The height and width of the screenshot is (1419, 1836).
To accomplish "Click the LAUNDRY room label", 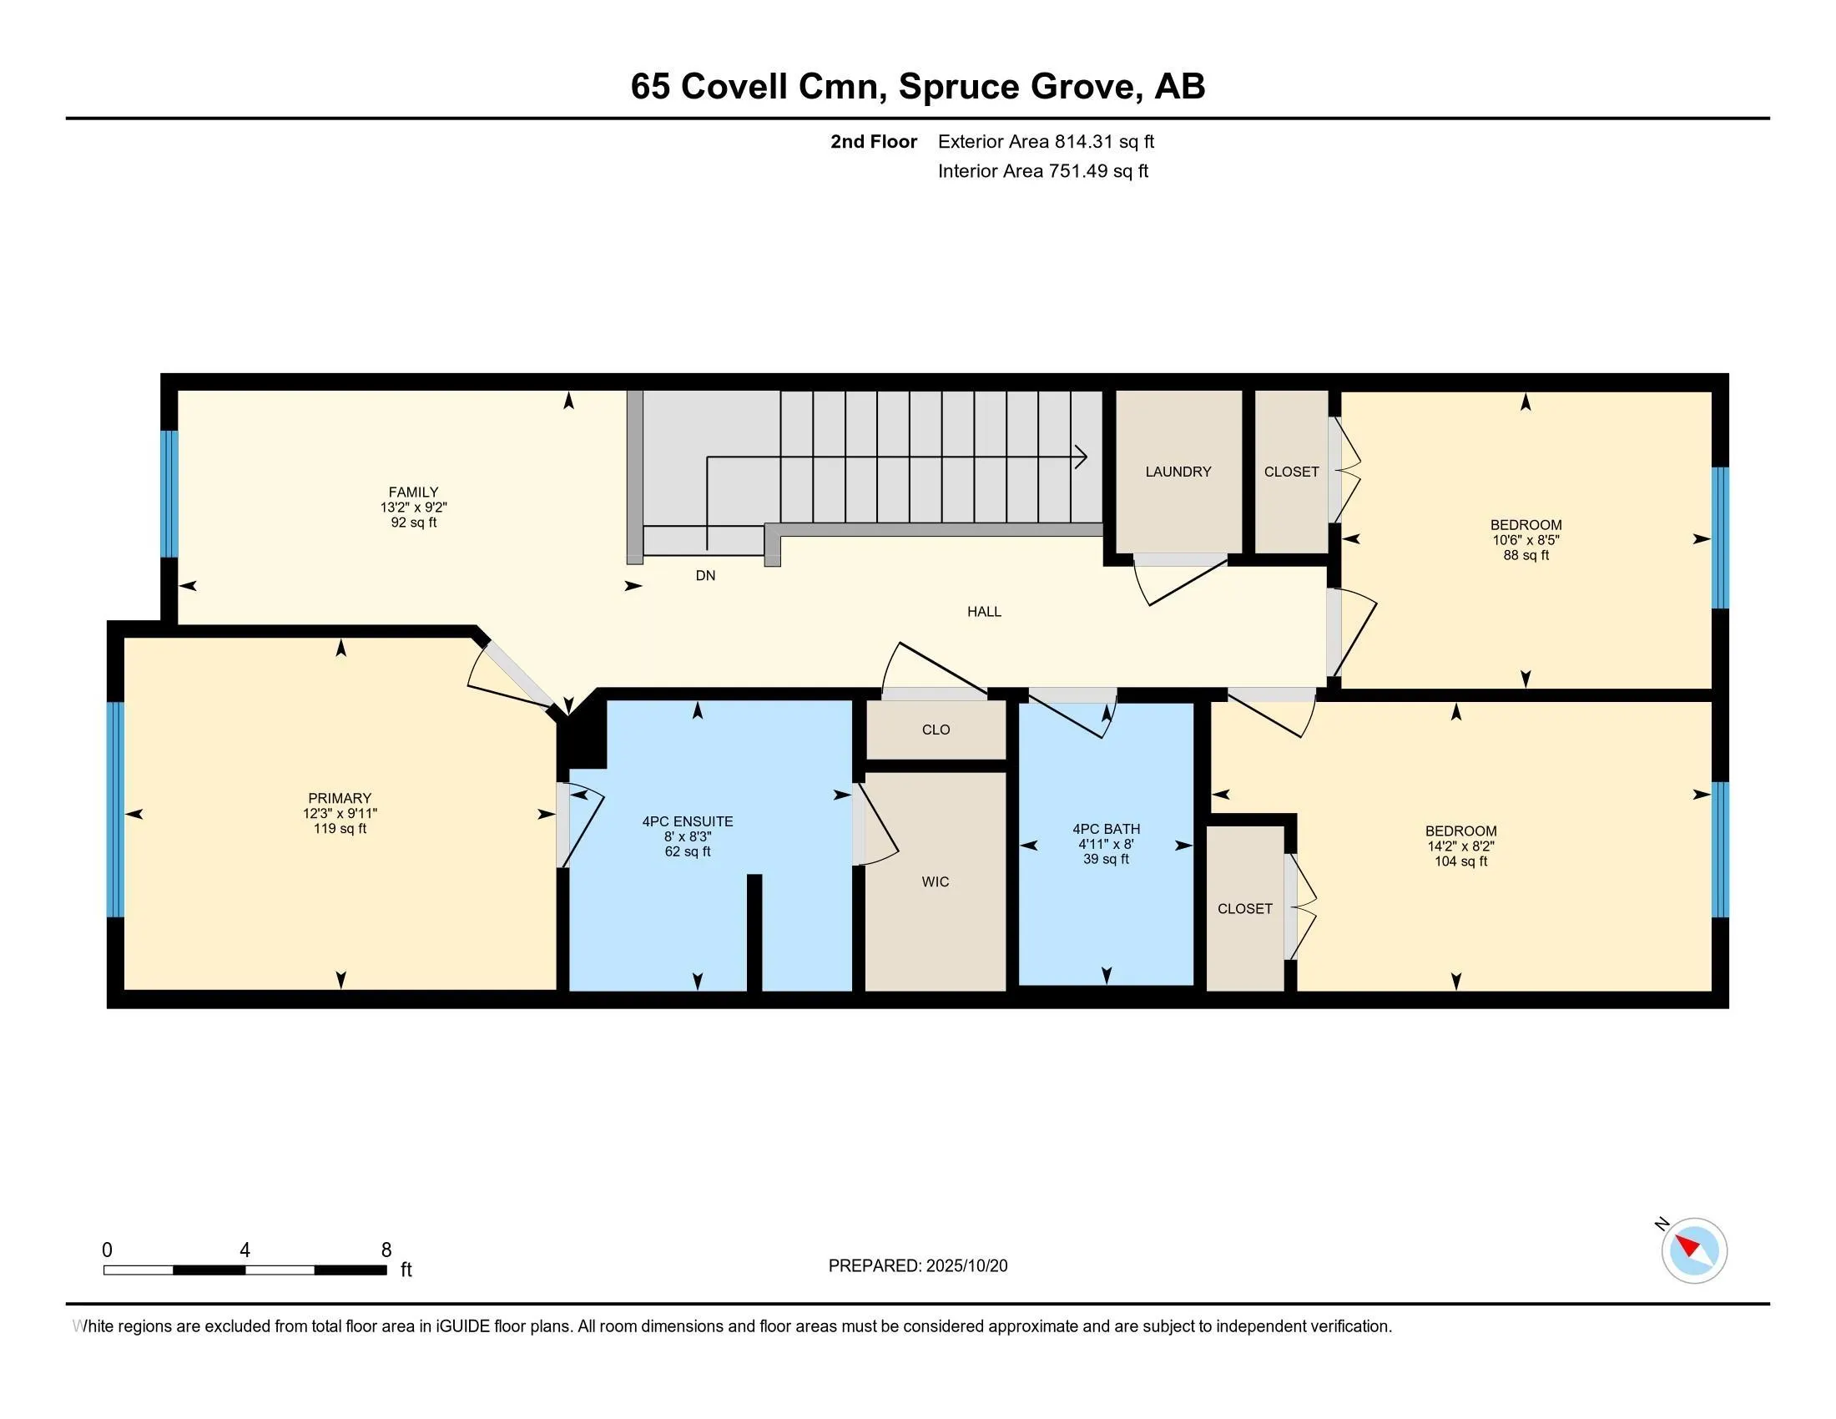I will point(1178,472).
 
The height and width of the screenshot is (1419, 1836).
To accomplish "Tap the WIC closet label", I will point(935,881).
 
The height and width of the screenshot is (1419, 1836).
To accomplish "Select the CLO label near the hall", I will point(935,729).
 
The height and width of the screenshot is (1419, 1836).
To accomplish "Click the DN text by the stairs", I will point(705,575).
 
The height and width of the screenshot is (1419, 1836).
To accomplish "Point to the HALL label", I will point(984,611).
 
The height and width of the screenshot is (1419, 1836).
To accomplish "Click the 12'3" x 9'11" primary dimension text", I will point(340,813).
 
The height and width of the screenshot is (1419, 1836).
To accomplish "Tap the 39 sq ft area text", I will point(1106,859).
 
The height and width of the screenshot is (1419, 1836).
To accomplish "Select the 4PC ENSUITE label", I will point(687,821).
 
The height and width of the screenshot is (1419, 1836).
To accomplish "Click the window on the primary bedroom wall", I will point(115,809).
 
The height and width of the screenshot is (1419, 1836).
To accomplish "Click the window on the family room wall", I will point(169,493).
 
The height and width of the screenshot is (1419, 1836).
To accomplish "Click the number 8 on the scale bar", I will point(386,1250).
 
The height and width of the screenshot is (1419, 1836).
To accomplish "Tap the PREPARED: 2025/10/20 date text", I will point(917,1266).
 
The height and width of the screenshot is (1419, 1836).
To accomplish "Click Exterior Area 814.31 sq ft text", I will point(1046,141).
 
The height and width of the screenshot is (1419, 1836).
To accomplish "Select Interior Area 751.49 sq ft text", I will point(1042,170).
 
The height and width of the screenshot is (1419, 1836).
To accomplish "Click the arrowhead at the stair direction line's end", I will point(1082,457).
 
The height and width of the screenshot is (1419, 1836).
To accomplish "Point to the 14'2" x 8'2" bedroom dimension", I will point(1460,846).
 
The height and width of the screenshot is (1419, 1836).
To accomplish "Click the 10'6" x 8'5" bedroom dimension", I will point(1525,540).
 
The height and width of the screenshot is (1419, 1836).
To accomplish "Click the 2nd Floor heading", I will point(873,141).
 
